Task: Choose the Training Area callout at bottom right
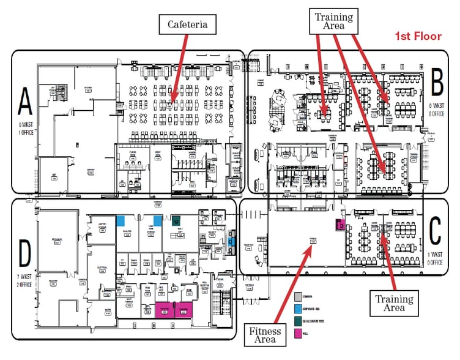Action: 393,302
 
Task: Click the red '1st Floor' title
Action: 418,36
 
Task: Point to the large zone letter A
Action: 25,102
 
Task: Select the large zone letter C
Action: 436,231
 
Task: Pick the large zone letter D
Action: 25,254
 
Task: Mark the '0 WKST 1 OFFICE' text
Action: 25,129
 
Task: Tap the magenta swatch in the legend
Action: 297,333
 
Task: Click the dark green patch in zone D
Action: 176,220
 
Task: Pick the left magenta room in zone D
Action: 165,310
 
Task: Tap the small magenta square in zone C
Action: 338,224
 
